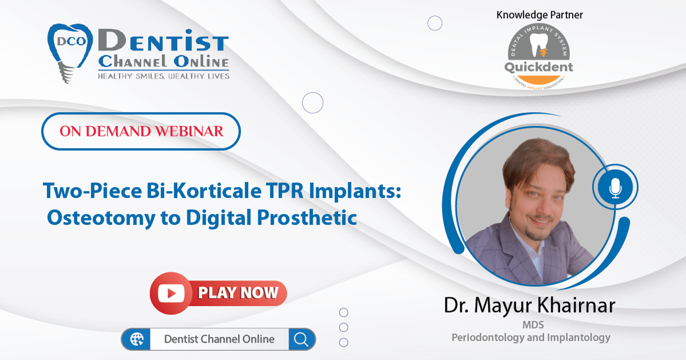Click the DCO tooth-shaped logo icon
[x=70, y=53]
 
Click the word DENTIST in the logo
[x=163, y=41]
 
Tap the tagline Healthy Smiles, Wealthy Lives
[x=163, y=76]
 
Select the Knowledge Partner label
[x=540, y=15]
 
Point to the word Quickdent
[x=539, y=67]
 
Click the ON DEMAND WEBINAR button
[x=141, y=131]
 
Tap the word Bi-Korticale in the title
[x=204, y=191]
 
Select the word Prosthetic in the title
[x=307, y=218]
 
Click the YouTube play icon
[x=171, y=293]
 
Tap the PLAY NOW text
[x=238, y=293]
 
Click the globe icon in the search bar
[x=137, y=339]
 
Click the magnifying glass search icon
[x=301, y=339]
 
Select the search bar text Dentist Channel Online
[x=220, y=339]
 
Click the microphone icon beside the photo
[x=615, y=187]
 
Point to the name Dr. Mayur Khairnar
[x=529, y=305]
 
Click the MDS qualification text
[x=533, y=325]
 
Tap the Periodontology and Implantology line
[x=531, y=338]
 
